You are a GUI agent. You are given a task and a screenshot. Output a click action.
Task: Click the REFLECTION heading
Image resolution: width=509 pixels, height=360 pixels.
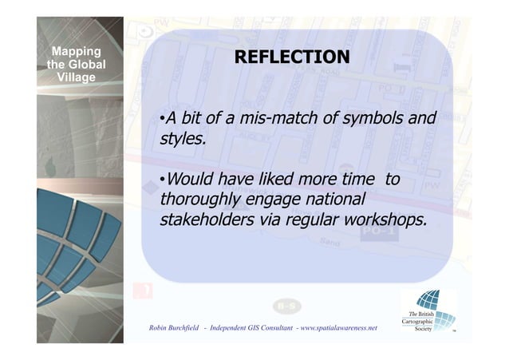click(x=290, y=57)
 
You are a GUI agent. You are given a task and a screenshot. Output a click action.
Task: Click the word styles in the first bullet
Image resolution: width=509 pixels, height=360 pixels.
click(x=182, y=140)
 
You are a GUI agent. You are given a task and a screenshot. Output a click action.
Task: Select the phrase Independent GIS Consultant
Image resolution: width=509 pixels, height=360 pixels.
click(x=256, y=328)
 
